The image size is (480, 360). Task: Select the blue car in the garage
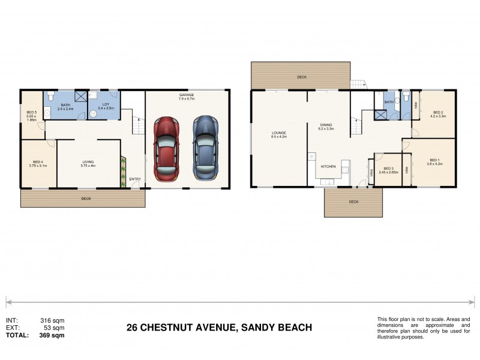204,147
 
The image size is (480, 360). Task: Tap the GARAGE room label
186,95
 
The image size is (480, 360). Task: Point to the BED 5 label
32,112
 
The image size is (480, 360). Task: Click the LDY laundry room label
106,104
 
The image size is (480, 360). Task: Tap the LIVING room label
88,161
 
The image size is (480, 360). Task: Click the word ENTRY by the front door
136,179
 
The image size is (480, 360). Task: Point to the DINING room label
326,125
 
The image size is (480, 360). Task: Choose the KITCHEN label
328,166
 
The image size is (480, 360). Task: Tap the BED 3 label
388,169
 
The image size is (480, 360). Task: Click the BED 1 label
434,160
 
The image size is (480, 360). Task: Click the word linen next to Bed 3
371,173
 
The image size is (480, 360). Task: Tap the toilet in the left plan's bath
52,96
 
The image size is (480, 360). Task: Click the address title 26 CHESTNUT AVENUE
219,328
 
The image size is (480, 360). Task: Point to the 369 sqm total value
52,335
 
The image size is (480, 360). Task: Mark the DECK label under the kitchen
353,202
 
